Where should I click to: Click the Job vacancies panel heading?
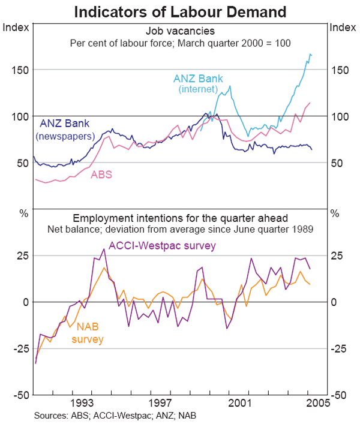coord(180,31)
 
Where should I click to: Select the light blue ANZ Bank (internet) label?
coord(199,84)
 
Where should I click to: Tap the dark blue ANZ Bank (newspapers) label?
coord(65,130)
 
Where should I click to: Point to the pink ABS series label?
coord(101,175)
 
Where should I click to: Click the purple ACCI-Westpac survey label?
coord(162,245)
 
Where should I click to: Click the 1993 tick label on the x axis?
coord(82,404)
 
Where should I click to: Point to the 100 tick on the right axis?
coord(340,116)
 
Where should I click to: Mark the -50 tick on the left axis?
coord(17,395)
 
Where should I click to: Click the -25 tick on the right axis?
coord(340,348)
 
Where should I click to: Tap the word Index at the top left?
coord(14,26)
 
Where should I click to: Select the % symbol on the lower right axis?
coord(334,213)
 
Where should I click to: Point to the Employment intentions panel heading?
coord(180,217)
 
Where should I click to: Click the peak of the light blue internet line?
coord(310,54)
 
